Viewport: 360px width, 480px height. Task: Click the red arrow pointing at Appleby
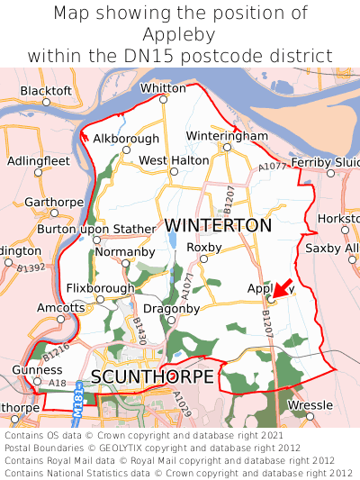[x=281, y=289]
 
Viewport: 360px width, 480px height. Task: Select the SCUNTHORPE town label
[x=152, y=376]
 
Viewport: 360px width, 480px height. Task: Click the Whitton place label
[x=163, y=88]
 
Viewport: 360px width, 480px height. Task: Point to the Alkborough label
[x=126, y=139]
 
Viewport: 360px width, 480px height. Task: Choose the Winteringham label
[x=227, y=136]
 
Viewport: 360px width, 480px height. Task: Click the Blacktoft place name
[x=46, y=91]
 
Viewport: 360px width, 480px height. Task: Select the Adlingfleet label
[x=38, y=160]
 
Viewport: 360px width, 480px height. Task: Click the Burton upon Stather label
[x=96, y=230]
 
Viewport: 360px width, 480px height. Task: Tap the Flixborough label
[x=100, y=288]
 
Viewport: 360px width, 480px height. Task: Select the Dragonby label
[x=171, y=308]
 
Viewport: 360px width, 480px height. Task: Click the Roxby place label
[x=203, y=247]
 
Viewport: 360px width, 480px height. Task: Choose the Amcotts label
[x=60, y=307]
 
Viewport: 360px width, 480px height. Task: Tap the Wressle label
[x=310, y=405]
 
